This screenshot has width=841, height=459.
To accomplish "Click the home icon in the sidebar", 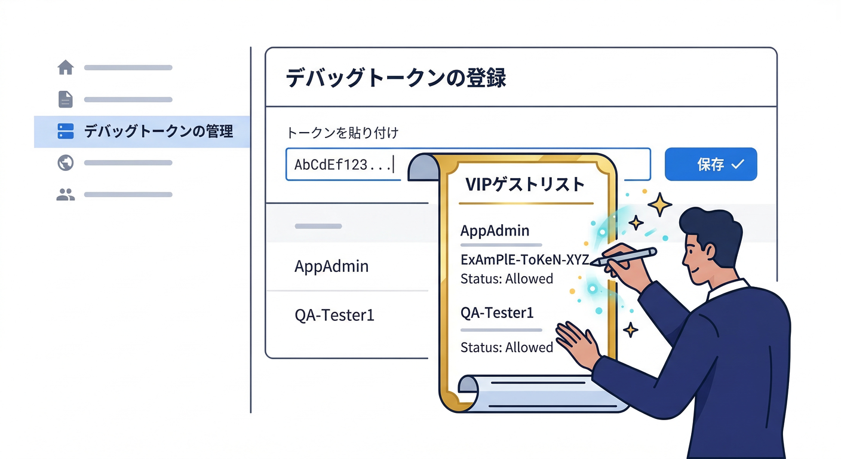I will tap(66, 68).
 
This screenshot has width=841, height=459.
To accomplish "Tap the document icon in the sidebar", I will tap(66, 99).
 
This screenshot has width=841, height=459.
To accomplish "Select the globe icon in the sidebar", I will tap(66, 163).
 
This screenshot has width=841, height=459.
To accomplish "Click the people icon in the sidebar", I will tap(66, 194).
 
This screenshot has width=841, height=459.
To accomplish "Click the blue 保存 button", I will tap(711, 164).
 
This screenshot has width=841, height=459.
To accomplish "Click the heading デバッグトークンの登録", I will tap(396, 78).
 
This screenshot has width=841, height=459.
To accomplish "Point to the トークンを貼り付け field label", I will tap(342, 133).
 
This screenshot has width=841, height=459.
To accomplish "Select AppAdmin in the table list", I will tap(332, 266).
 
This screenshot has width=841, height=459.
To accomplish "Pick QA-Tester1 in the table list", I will tap(334, 315).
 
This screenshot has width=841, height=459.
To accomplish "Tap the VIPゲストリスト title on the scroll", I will tap(525, 184).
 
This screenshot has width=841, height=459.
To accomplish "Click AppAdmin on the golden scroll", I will tap(495, 230).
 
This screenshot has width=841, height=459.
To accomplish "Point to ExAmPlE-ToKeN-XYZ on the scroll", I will tap(524, 259).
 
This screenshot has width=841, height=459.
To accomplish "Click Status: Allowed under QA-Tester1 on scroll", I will tap(507, 347).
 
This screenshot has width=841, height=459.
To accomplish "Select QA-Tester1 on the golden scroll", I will tap(497, 313).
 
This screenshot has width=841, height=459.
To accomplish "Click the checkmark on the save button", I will tap(738, 164).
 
